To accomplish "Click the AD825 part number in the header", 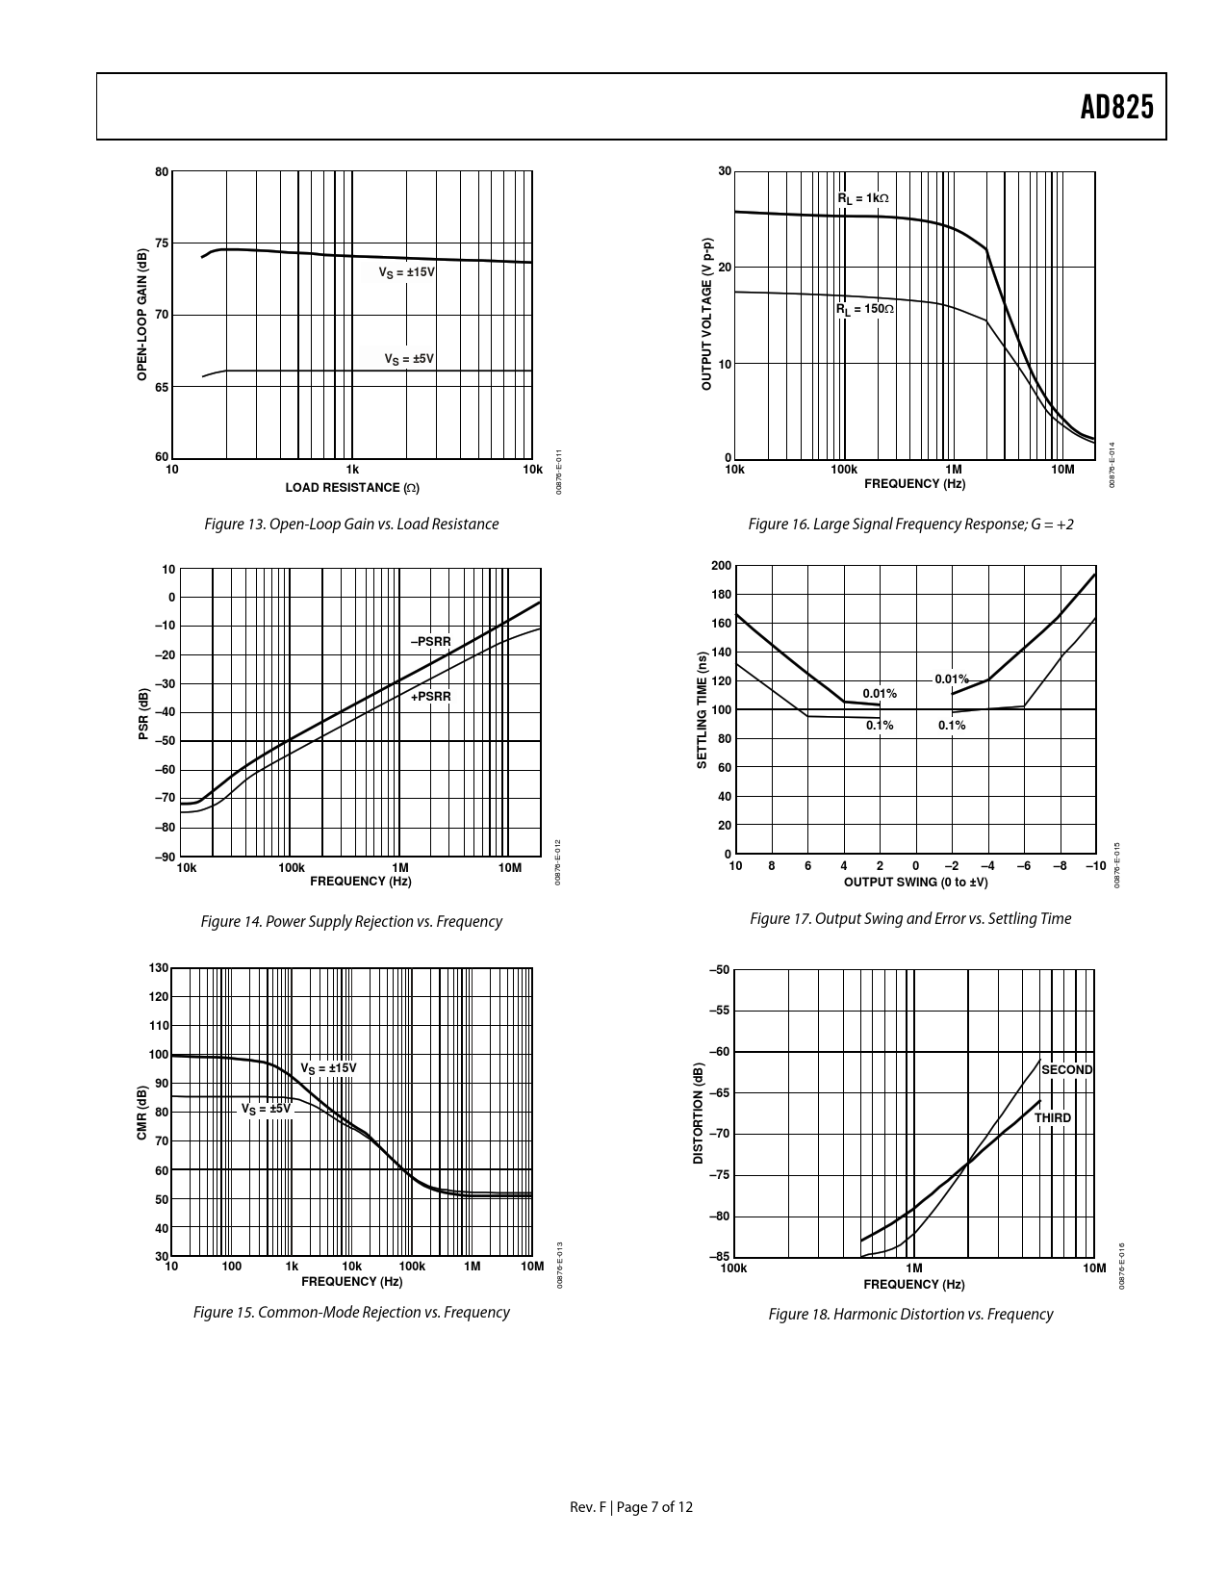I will [1115, 107].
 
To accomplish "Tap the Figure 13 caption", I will [351, 525].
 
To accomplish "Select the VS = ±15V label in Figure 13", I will [406, 273].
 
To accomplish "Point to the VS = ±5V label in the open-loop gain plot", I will [409, 359].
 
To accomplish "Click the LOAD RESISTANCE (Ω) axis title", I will [351, 488].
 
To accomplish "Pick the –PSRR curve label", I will [430, 641].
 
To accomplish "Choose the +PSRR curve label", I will [430, 696].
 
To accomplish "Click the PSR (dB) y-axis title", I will [143, 713].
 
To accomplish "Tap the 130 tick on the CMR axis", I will [159, 968].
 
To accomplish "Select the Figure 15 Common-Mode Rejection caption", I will [351, 1313].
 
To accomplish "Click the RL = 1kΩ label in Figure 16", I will [862, 198].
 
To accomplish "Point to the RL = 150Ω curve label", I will [864, 309].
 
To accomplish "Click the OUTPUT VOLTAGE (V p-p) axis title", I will [706, 313].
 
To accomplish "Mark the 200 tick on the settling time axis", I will [721, 566].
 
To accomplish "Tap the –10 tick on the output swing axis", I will [1095, 866].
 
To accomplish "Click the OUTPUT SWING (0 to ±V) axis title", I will [915, 883].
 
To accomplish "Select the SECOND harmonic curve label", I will [1066, 1070].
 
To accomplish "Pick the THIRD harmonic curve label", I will [1052, 1118].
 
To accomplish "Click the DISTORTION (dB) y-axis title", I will [698, 1114].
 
